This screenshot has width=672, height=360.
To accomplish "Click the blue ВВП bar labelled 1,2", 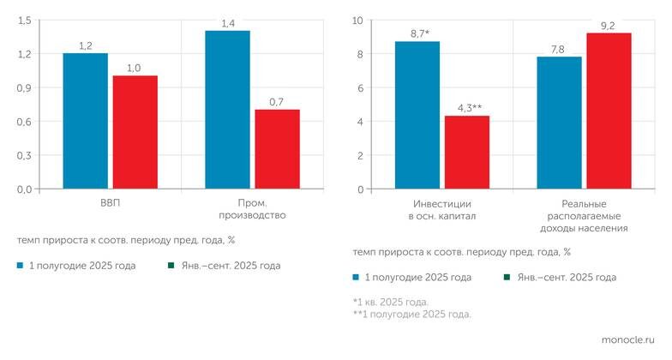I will pos(85,121).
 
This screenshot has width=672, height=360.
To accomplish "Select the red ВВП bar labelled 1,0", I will pos(135,132).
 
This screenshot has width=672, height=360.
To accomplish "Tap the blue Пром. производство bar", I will pos(227,110).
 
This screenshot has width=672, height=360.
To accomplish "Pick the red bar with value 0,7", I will pos(277,149).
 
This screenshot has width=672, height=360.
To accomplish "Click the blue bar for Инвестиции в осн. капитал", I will pos(417,115).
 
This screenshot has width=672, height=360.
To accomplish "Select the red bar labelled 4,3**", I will pos(466,153).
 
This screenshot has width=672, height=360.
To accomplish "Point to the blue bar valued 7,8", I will pos(559,123).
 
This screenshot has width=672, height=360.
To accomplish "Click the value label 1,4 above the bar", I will pos(227,23).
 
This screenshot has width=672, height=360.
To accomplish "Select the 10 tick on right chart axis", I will pos(358,20).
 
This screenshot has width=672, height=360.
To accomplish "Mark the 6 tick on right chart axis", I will pos(360,87).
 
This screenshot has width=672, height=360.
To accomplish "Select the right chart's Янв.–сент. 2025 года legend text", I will pos(565,278).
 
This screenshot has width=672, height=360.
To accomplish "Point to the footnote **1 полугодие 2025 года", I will pos(411,315).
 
